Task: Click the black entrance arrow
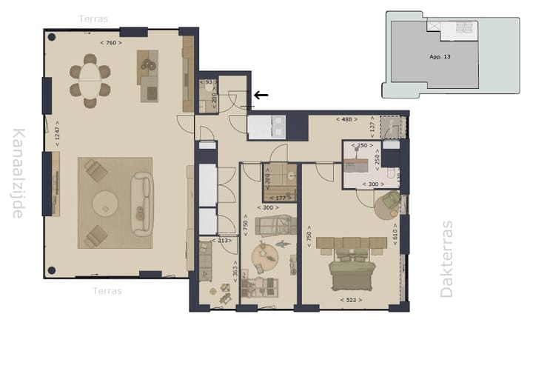(x=261, y=95)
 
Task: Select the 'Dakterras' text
(x=446, y=259)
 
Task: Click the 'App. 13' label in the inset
(x=440, y=57)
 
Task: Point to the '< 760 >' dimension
(x=110, y=43)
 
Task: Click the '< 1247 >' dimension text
(x=58, y=134)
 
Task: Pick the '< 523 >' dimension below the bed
(x=352, y=300)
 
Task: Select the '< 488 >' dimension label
(x=346, y=118)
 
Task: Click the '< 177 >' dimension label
(x=280, y=198)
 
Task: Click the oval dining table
(x=90, y=81)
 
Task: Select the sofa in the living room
(x=141, y=204)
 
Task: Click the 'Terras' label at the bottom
(x=107, y=291)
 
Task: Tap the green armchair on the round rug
(x=390, y=201)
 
